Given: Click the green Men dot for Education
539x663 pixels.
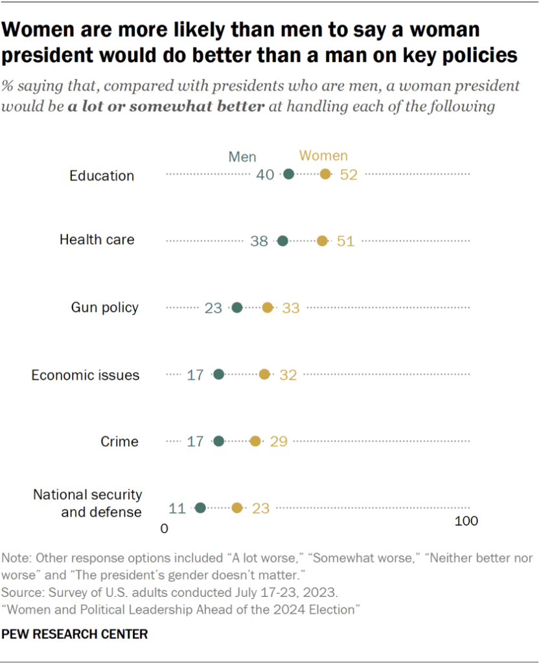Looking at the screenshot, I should [288, 174].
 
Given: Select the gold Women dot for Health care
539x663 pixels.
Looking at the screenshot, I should [322, 241].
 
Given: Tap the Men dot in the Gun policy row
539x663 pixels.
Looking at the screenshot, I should [237, 308].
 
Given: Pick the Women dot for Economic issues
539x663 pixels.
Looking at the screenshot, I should [264, 374].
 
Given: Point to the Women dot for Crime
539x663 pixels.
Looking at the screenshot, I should [255, 441].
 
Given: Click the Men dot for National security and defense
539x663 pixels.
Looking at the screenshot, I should [200, 508].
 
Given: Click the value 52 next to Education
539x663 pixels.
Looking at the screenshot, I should [349, 175].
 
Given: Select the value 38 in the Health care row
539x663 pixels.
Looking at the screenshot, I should [259, 241].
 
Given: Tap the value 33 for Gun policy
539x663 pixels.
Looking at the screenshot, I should [291, 308].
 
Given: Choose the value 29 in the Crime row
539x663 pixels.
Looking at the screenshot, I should [279, 442].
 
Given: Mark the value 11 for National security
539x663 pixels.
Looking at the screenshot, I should [178, 508].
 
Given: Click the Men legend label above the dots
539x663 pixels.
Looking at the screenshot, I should [242, 157].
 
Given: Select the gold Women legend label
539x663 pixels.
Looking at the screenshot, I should [323, 156].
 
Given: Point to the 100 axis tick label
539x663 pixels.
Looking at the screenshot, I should [466, 522].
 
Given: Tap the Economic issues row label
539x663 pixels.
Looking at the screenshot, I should [86, 375].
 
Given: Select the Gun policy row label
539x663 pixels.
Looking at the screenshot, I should [104, 307].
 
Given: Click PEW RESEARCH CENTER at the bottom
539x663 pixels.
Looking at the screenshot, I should [75, 634].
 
